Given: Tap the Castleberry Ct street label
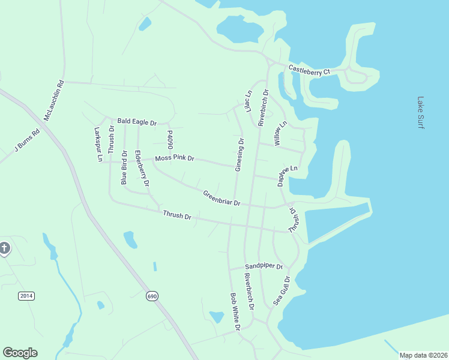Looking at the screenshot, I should pyautogui.click(x=310, y=70).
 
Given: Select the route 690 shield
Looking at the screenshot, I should pyautogui.click(x=152, y=296).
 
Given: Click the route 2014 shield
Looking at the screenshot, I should pyautogui.click(x=26, y=296).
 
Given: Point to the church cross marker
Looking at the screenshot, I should pyautogui.click(x=4, y=248).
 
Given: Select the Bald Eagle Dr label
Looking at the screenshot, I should pyautogui.click(x=137, y=122).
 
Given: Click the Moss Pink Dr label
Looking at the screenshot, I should pyautogui.click(x=175, y=158).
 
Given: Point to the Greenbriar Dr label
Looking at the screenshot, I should pyautogui.click(x=221, y=198).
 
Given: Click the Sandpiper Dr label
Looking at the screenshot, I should pyautogui.click(x=264, y=266).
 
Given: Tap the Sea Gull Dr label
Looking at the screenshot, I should pyautogui.click(x=282, y=291).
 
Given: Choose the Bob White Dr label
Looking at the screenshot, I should pyautogui.click(x=235, y=312).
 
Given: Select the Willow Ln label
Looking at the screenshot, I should pyautogui.click(x=280, y=132).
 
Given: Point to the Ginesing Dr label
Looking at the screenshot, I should pyautogui.click(x=239, y=155).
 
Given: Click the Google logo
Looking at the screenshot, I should pyautogui.click(x=20, y=353).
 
